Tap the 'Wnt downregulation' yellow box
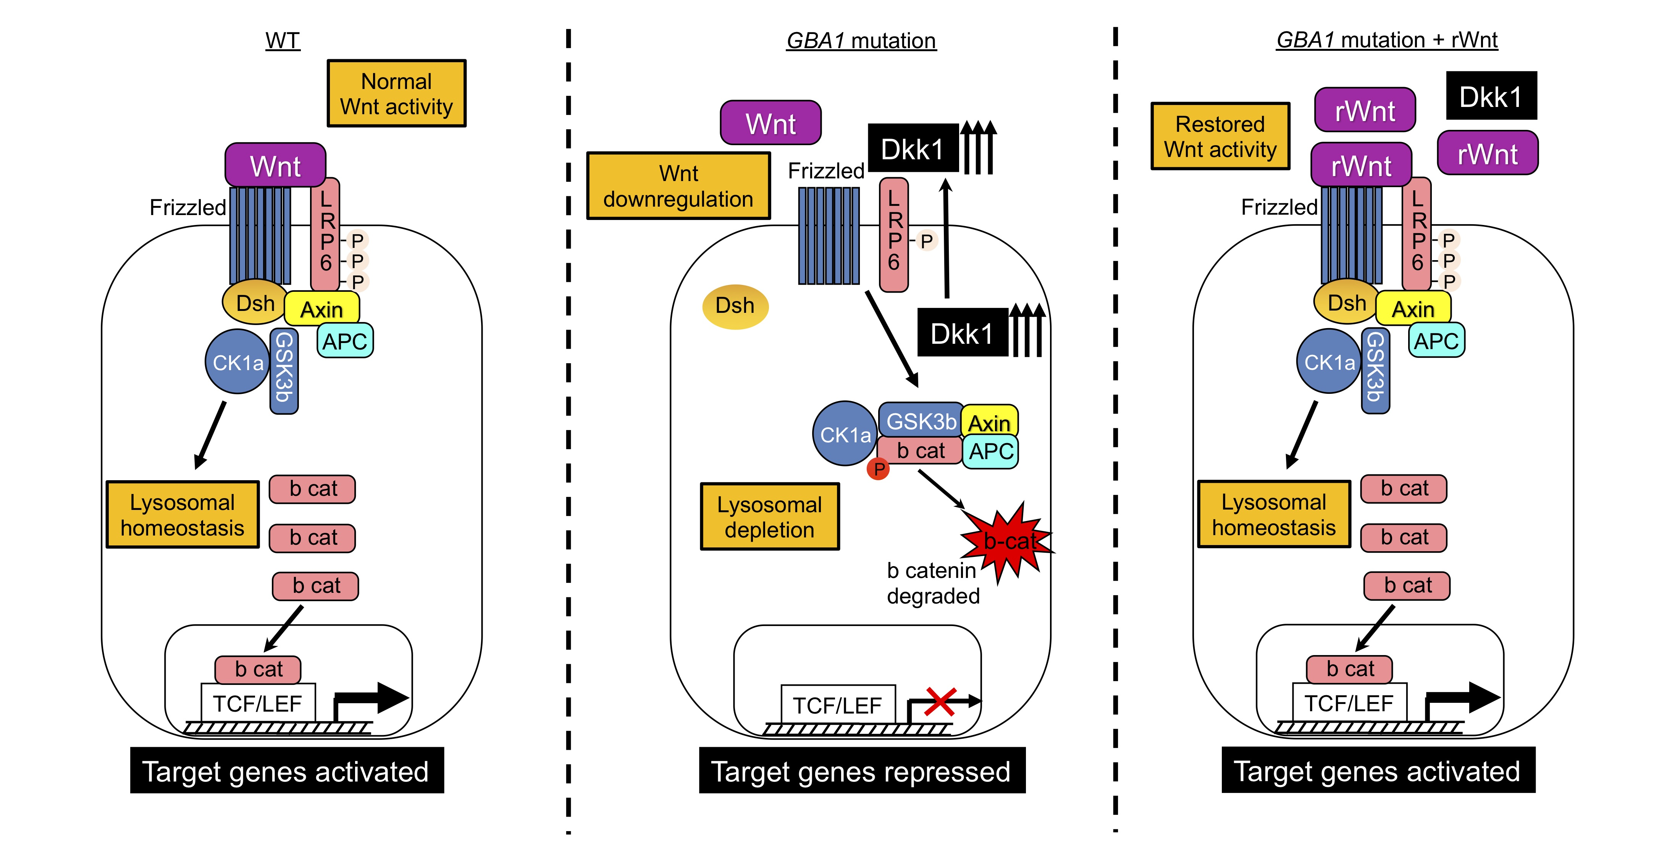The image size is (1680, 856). [x=678, y=186]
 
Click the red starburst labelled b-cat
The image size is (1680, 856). [x=1008, y=540]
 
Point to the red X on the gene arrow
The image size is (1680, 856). [x=940, y=702]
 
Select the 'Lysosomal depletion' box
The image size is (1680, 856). [x=770, y=517]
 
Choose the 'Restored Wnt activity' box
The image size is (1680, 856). [x=1220, y=136]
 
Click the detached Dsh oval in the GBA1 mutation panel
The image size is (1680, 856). [x=735, y=306]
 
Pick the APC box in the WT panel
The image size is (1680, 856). [x=345, y=341]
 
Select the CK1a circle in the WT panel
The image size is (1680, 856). [x=237, y=361]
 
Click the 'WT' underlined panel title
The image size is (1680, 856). [x=283, y=40]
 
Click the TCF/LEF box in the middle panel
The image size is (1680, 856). [x=837, y=705]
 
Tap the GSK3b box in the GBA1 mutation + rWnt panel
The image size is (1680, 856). [x=1375, y=371]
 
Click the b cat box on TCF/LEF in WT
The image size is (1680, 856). [x=258, y=669]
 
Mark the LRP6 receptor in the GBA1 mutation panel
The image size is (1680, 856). [x=893, y=235]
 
